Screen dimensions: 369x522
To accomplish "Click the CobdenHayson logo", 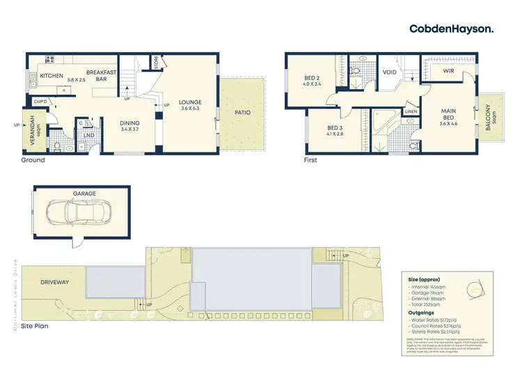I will tap(452, 29).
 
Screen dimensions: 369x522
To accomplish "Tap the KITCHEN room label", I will tap(52, 75).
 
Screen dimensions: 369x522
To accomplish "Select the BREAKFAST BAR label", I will tap(101, 75).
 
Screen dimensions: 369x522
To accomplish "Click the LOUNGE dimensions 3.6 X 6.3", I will tap(189, 109).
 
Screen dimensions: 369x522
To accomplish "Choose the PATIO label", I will tap(242, 112).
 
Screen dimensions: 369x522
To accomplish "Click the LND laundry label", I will tap(89, 135).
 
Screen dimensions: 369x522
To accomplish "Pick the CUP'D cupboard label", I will tap(40, 102).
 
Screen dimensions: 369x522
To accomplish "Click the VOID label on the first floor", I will tap(390, 72).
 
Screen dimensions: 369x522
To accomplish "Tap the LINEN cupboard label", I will tap(411, 111).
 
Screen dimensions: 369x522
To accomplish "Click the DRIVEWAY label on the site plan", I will tap(55, 282).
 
